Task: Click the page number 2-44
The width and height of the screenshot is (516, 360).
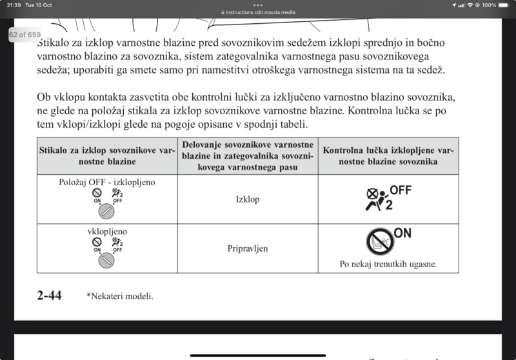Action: coord(50,296)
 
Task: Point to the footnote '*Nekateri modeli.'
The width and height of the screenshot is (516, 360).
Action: coord(120,297)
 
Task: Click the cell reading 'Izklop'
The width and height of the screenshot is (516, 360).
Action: coord(248,199)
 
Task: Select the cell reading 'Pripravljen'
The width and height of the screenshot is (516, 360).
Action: coord(248,248)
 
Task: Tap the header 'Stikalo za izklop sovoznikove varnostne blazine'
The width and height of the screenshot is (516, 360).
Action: coord(106,155)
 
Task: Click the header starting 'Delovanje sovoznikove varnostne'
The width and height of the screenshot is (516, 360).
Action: coord(248,155)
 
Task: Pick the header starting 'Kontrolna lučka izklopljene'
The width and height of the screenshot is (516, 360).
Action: coord(388,155)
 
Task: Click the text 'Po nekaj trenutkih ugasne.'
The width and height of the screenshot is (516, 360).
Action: coord(388,264)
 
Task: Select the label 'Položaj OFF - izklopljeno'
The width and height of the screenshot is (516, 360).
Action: coord(106,182)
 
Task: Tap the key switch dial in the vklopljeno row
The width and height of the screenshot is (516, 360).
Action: coord(106,259)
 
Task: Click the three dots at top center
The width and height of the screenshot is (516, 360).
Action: coord(258,5)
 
